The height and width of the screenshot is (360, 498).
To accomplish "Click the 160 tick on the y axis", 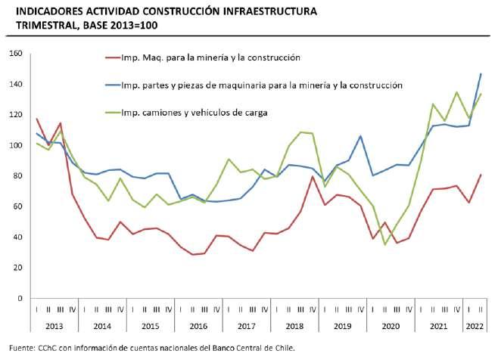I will point(16,54).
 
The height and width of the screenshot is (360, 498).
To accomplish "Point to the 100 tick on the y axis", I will point(16,145).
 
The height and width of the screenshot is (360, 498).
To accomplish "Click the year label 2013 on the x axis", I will point(54,327).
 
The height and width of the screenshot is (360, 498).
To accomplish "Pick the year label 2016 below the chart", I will point(197,327).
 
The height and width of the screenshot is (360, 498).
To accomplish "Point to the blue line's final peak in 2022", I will point(481,74).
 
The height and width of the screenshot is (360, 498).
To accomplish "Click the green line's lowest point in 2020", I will point(384,244).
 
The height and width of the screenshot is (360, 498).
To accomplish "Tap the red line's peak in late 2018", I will point(313,177).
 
